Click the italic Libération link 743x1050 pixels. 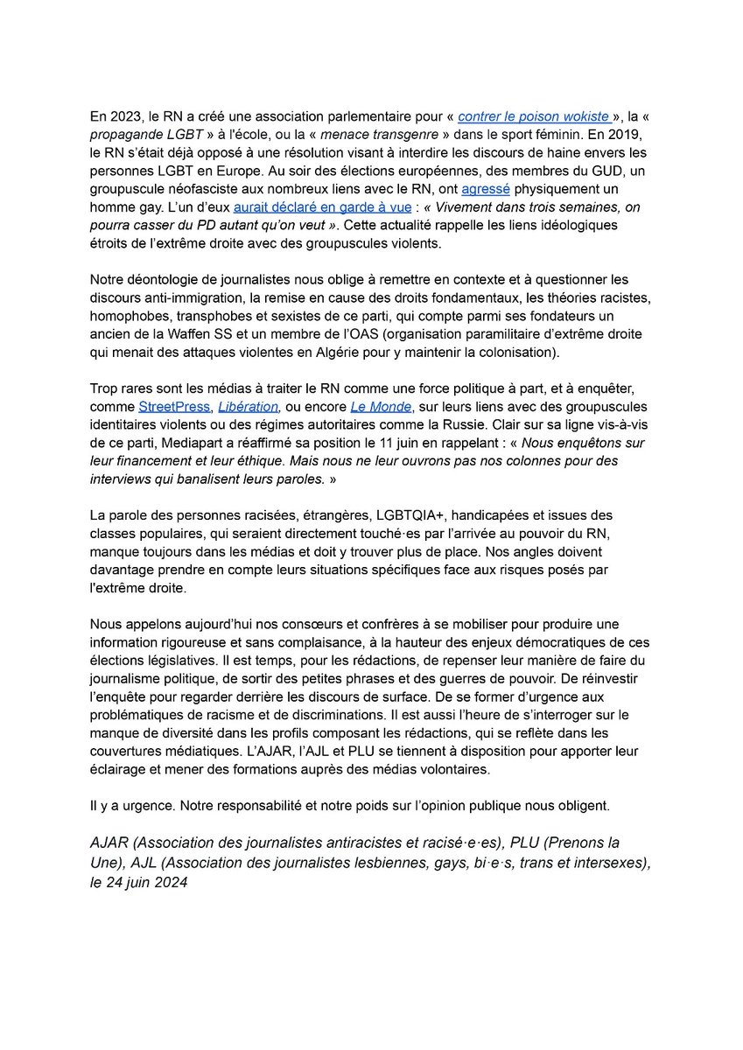(x=247, y=406)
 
